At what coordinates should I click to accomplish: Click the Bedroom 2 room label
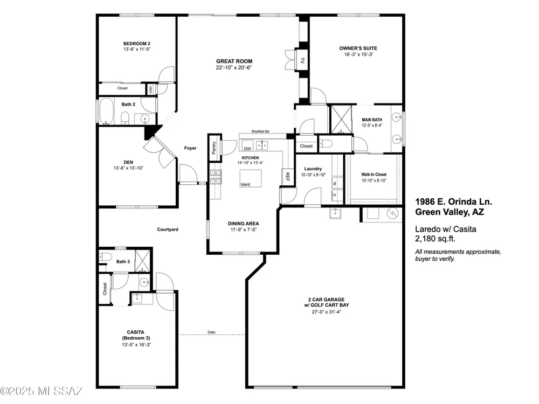137,44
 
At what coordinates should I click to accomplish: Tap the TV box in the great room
302,60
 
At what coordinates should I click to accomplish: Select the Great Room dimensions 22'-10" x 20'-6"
234,68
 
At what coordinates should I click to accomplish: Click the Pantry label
214,148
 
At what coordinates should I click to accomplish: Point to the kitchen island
251,178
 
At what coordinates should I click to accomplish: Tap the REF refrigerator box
287,177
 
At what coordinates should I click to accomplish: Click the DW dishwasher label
247,149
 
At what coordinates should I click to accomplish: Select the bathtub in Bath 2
107,111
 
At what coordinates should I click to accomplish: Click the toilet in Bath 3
106,256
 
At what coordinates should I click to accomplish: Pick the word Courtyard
168,229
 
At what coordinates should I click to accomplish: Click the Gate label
211,332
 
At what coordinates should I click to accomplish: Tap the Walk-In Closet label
374,175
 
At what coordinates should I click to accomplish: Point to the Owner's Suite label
358,48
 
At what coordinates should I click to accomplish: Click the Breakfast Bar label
260,131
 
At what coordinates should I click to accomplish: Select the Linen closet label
150,89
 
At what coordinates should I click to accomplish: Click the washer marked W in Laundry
335,183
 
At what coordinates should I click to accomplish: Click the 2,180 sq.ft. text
435,239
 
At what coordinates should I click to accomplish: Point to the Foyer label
190,148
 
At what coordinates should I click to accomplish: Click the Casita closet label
105,289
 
